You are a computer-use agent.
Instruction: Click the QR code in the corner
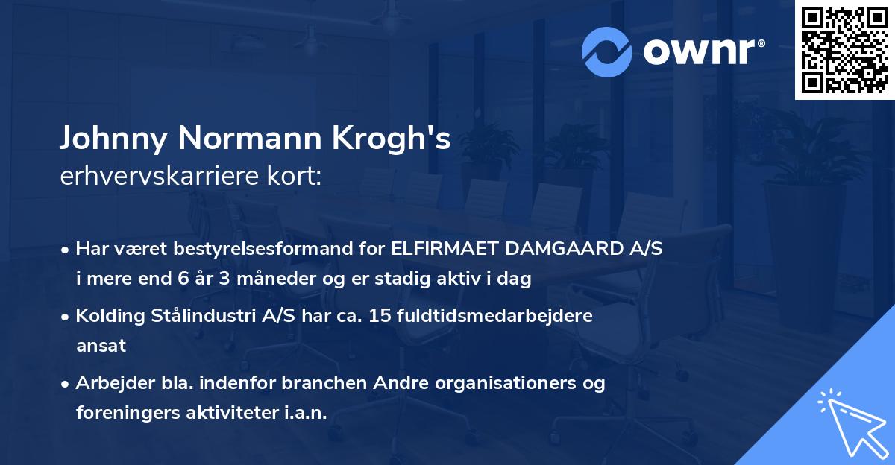click(845, 49)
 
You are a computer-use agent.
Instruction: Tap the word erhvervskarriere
click(152, 177)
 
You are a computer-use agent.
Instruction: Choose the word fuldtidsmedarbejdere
click(489, 316)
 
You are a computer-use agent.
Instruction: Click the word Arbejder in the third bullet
click(111, 383)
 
